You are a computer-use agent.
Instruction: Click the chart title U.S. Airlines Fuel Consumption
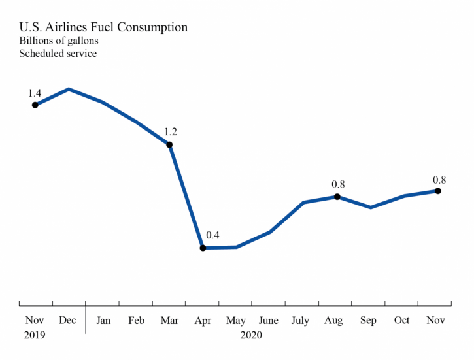(x=103, y=27)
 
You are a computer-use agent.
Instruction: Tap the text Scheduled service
(x=58, y=54)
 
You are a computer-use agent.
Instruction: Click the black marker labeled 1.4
(x=35, y=105)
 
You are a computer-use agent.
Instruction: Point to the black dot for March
(x=169, y=144)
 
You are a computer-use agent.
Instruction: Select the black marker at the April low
(x=203, y=248)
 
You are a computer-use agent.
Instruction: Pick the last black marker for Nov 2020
(x=437, y=191)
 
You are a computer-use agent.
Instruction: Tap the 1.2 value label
(x=171, y=131)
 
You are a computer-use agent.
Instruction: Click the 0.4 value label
(x=213, y=235)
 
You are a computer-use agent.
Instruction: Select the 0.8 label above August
(x=338, y=184)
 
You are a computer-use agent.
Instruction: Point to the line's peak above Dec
(x=69, y=89)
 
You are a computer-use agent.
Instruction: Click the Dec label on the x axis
(x=67, y=320)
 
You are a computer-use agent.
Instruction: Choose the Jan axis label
(x=103, y=320)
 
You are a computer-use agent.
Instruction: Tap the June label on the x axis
(x=269, y=320)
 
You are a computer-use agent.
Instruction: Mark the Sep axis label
(x=368, y=320)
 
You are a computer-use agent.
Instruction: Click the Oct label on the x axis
(x=401, y=320)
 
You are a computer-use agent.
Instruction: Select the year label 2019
(x=35, y=335)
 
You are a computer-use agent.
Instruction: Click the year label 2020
(x=251, y=335)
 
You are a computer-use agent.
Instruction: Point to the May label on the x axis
(x=235, y=320)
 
